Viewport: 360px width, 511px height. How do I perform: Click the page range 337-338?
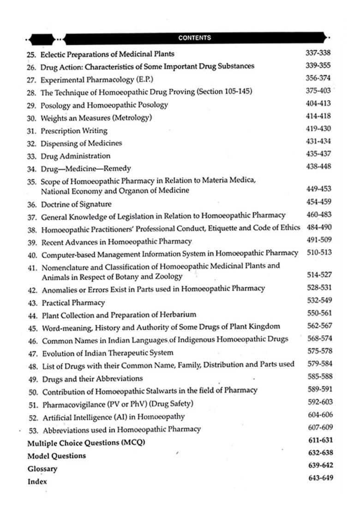[x=318, y=53]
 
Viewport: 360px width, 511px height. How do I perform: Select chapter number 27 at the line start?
[x=32, y=79]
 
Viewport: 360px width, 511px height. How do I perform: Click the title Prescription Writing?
[x=74, y=131]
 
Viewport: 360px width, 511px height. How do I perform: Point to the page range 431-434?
[x=318, y=142]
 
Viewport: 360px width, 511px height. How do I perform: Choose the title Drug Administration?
[x=76, y=156]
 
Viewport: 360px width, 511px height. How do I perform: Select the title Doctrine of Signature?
[x=76, y=204]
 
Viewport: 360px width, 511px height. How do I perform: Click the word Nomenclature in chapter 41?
[x=64, y=267]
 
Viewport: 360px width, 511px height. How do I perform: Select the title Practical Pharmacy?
[x=73, y=303]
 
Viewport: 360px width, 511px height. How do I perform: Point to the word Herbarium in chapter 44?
[x=179, y=315]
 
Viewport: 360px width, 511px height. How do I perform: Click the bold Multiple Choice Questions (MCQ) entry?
[x=86, y=443]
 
